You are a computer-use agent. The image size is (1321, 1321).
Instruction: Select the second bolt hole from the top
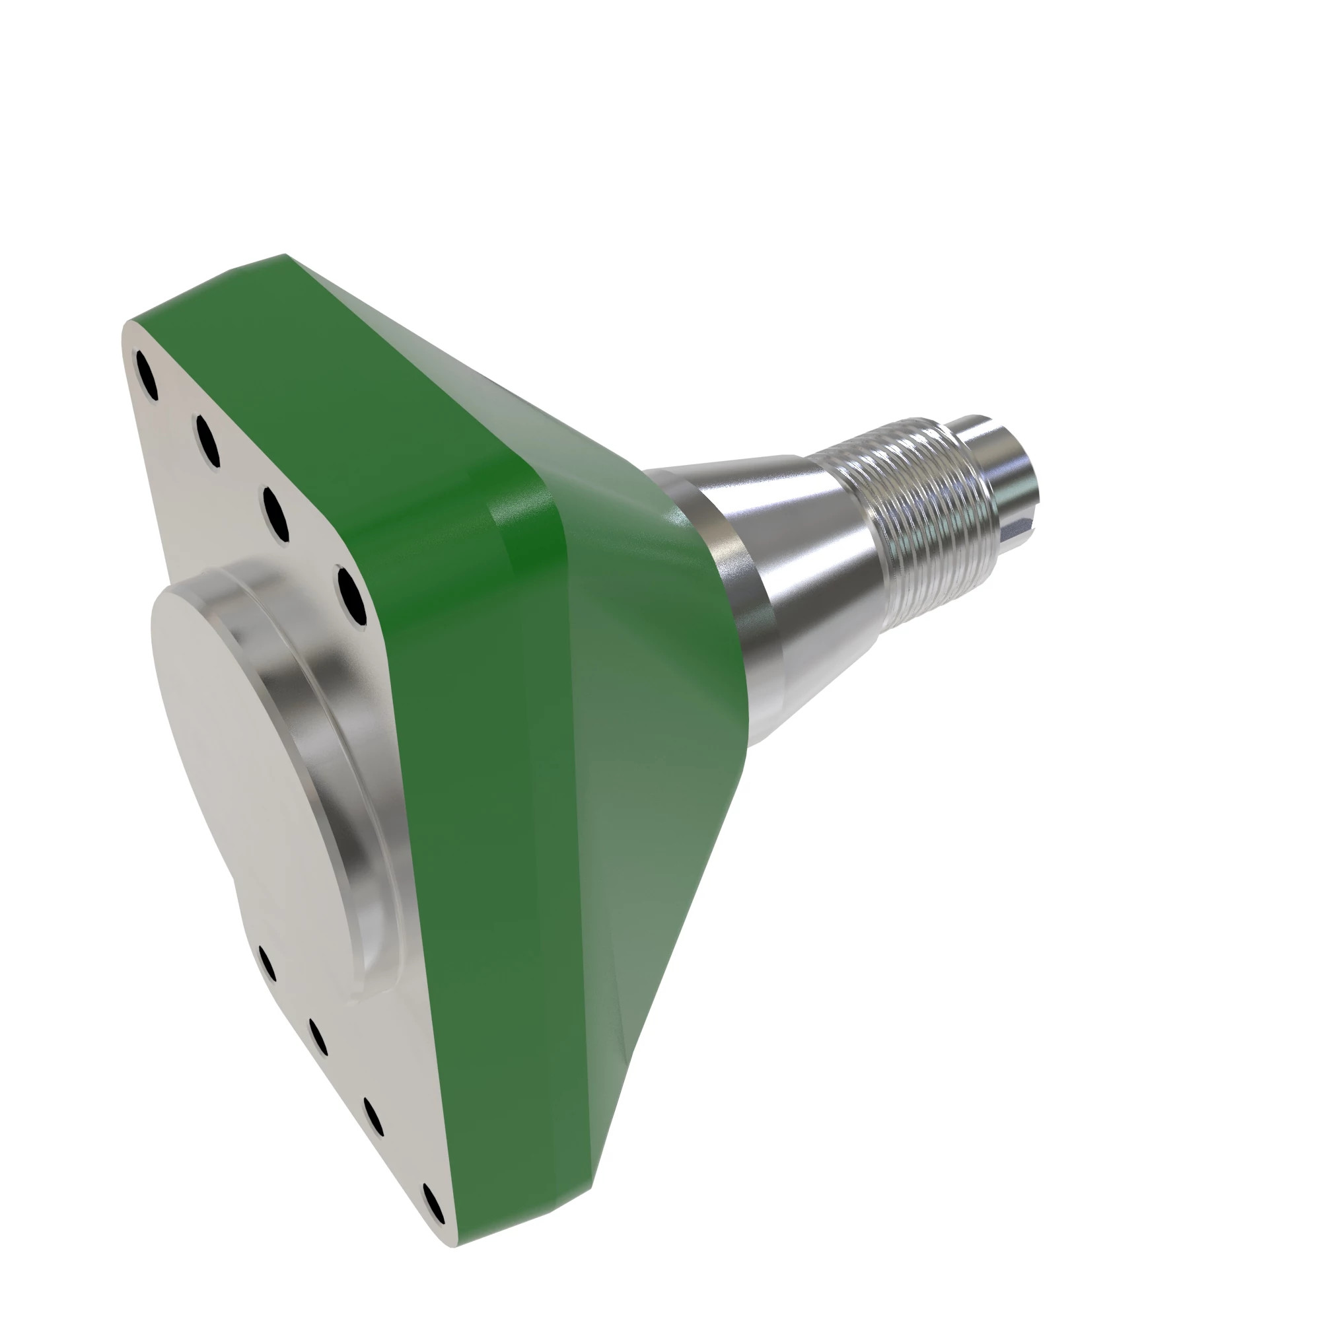point(207,442)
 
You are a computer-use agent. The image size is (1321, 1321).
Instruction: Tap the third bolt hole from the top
point(275,513)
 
